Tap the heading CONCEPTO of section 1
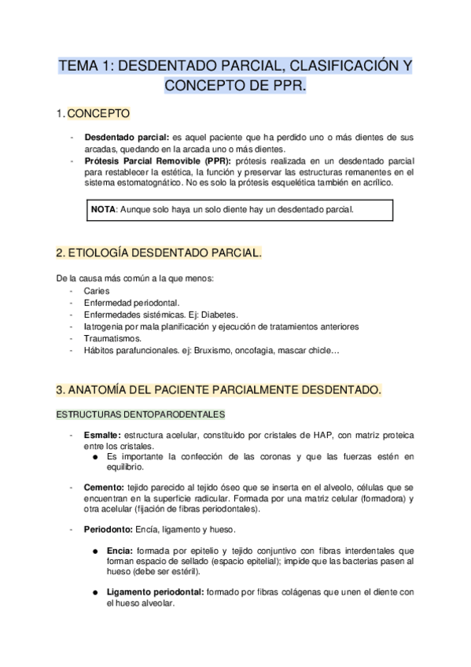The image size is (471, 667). pyautogui.click(x=99, y=115)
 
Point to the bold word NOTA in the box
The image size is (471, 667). pyautogui.click(x=103, y=210)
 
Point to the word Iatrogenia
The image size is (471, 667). pyautogui.click(x=105, y=326)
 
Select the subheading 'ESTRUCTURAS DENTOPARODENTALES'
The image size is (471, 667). pyautogui.click(x=140, y=413)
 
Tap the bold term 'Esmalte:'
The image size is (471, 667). pyautogui.click(x=101, y=435)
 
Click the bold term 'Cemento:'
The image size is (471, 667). pyautogui.click(x=103, y=488)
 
